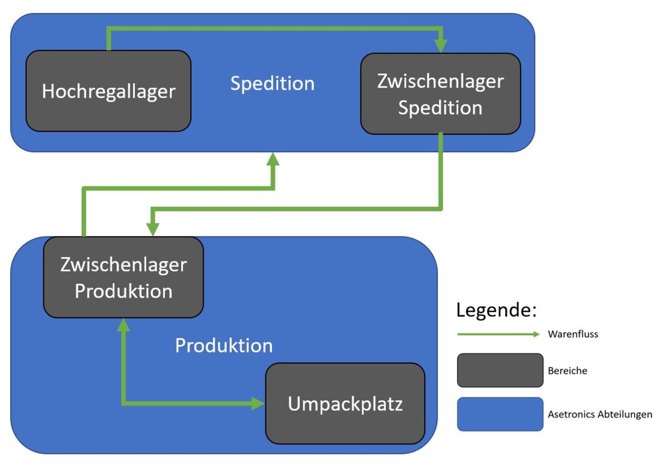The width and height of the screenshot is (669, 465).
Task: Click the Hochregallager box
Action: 109,91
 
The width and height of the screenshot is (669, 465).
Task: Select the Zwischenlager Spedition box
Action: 440,94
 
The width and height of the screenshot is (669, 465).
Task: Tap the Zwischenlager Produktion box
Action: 123,277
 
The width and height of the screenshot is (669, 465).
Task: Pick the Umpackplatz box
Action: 345,404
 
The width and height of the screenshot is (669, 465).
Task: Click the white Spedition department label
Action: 273,84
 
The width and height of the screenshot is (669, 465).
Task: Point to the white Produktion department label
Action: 224,346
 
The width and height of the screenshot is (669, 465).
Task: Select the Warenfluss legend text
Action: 573,335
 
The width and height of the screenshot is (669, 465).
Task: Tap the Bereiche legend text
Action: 568,370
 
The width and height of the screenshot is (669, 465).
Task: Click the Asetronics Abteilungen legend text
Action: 600,414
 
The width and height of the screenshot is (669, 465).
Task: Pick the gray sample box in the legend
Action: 500,370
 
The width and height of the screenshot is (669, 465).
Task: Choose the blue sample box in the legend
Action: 500,414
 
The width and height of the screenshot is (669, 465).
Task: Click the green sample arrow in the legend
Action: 498,335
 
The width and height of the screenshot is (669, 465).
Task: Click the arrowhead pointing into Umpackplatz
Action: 258,403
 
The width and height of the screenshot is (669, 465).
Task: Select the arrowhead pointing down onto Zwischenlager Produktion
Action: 153,229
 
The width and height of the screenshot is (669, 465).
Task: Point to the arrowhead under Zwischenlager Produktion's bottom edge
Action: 123,324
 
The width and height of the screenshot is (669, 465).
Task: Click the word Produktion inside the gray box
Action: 123,291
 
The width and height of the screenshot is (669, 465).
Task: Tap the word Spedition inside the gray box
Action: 440,108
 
